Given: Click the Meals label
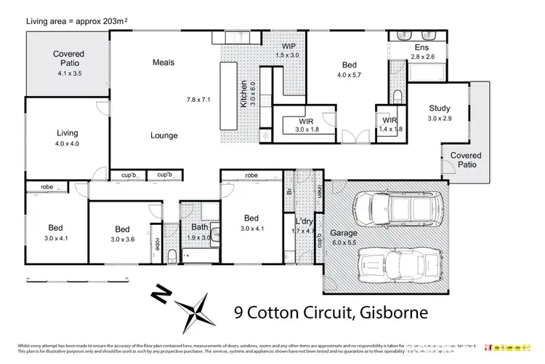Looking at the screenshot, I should point(163,63).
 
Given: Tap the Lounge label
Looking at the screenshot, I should point(164,135).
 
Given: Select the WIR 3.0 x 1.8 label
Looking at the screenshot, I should point(307,125).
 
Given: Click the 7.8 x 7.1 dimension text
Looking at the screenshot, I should point(198,100).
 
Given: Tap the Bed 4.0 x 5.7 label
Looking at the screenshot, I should point(350,68).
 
